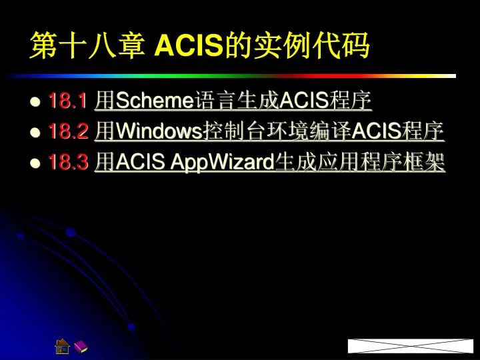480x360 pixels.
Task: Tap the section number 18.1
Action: (68, 101)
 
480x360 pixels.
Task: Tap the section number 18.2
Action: (68, 132)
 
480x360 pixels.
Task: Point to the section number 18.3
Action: (68, 163)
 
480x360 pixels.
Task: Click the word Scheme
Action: (154, 101)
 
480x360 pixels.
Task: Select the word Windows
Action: (159, 132)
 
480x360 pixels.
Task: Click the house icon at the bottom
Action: (63, 345)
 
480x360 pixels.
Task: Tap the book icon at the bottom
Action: (80, 346)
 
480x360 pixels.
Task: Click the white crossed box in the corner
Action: (410, 345)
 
